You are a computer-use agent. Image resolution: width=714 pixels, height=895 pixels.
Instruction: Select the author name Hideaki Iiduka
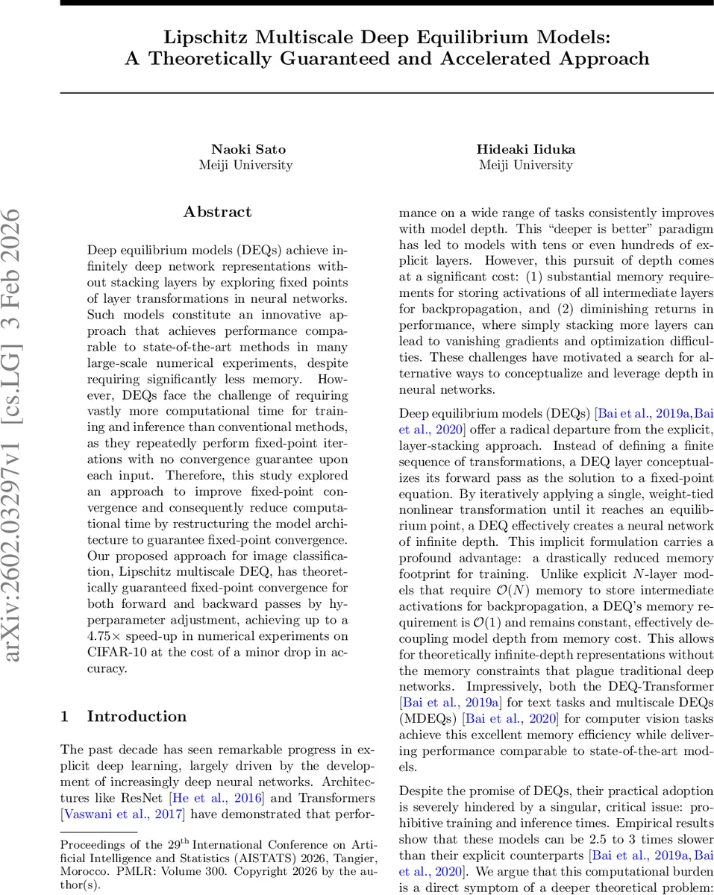coord(525,149)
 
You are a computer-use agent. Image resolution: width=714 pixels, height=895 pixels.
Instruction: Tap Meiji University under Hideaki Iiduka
coord(525,165)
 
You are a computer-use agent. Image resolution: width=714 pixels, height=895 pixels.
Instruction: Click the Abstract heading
coord(217,212)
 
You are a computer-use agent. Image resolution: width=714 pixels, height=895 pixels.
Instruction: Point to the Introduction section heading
coord(137,717)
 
